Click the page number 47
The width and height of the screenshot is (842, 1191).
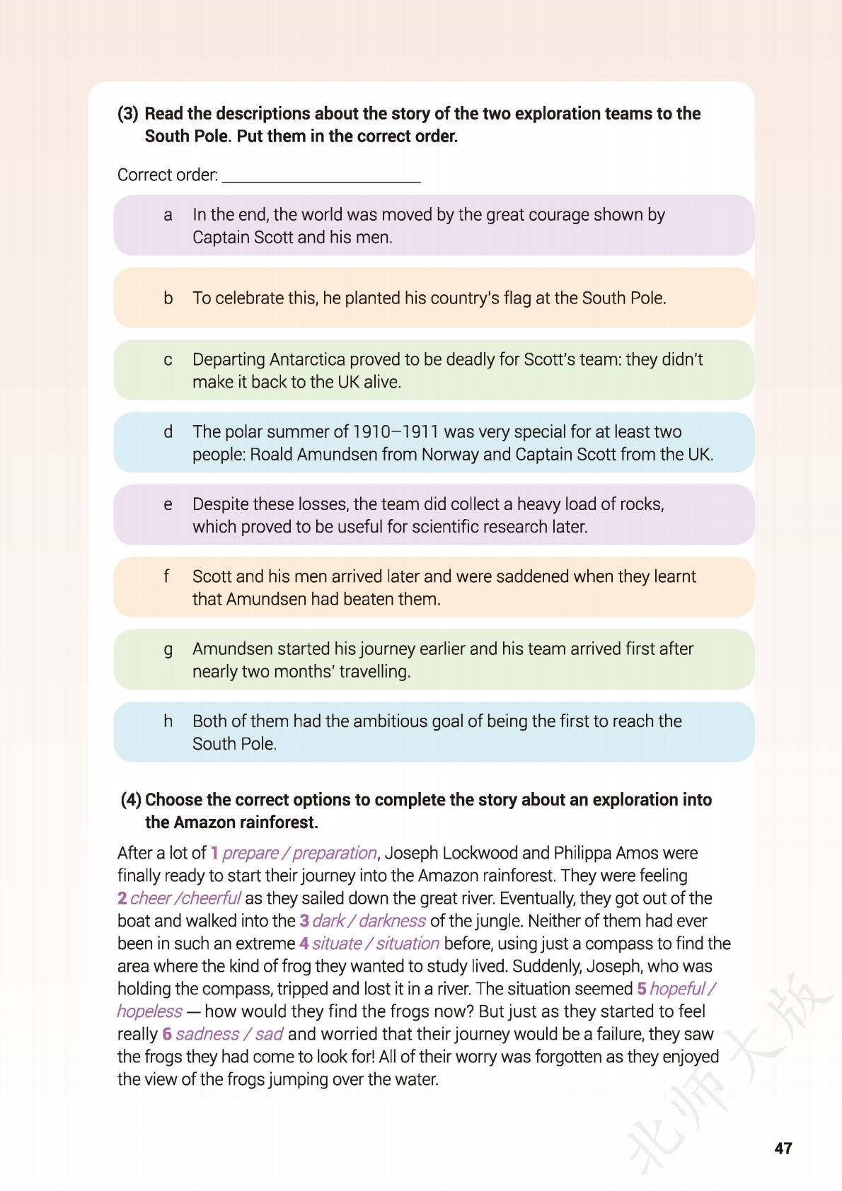coord(783,1147)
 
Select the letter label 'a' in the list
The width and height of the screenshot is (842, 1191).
coord(168,215)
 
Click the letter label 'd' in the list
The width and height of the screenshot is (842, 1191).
coord(168,431)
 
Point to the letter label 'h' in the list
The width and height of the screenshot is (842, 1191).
coord(168,721)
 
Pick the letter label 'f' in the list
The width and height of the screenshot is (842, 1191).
coord(167,576)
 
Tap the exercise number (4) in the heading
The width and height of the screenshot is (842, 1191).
coord(131,800)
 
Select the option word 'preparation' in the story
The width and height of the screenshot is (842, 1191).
coord(335,853)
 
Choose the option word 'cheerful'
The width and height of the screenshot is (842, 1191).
coord(212,898)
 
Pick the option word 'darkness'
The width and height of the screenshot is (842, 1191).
coord(392,921)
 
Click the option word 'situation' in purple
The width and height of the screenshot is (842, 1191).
coord(408,943)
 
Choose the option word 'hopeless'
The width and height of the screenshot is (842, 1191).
coord(149,1011)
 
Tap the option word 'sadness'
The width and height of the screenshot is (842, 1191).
coord(207,1034)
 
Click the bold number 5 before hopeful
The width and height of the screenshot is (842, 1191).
coord(642,989)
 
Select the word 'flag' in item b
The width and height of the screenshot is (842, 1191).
coord(514,298)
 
